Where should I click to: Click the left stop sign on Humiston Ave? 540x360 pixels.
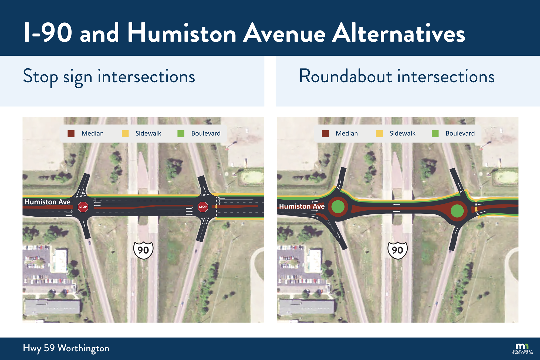click(83, 207)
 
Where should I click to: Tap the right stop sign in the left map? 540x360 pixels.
click(203, 207)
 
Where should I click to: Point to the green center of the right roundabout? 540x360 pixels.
click(457, 211)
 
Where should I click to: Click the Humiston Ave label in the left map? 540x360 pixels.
click(48, 202)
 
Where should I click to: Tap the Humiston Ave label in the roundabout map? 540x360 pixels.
click(302, 206)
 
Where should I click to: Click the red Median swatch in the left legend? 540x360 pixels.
click(71, 133)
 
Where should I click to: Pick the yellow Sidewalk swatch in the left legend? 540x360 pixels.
click(125, 133)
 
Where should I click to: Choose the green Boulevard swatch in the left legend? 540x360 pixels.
click(181, 133)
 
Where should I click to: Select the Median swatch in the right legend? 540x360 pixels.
click(325, 133)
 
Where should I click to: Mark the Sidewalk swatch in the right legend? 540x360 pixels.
click(379, 133)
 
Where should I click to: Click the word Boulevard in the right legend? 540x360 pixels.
click(460, 133)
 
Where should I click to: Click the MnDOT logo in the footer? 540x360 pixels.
click(522, 348)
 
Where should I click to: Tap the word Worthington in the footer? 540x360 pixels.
click(83, 348)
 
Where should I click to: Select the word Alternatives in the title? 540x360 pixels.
click(399, 33)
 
